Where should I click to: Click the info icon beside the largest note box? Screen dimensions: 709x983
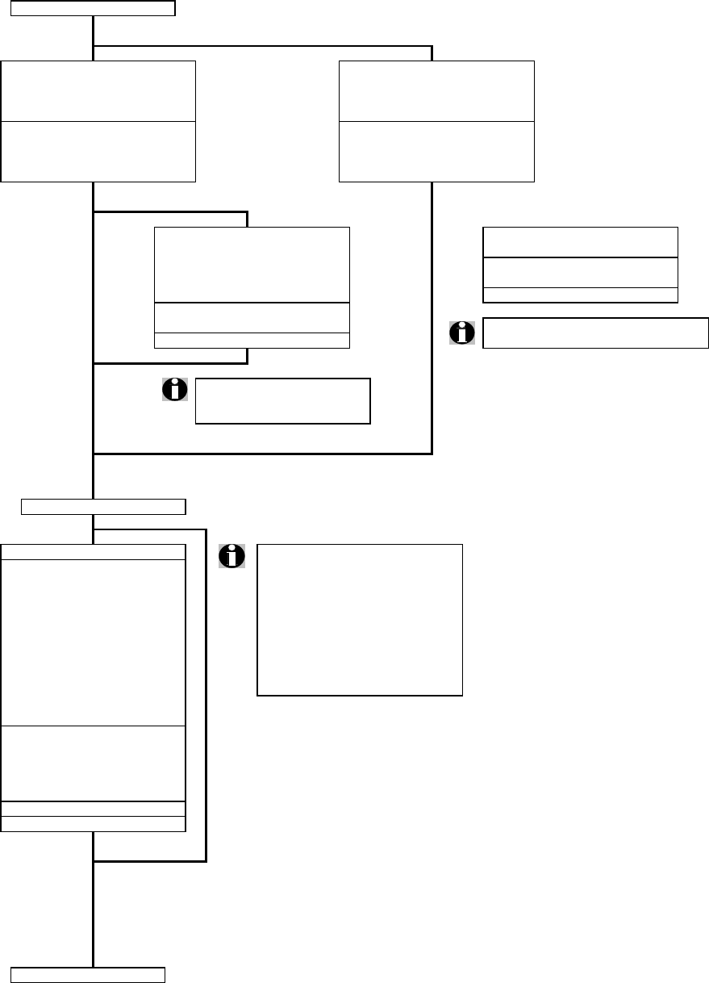[x=232, y=556]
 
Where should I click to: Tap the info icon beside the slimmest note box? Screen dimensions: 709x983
[x=462, y=333]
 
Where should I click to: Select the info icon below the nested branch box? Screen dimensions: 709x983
[x=174, y=389]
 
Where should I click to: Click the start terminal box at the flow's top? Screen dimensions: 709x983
[x=94, y=9]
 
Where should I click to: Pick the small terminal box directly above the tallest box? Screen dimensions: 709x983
[x=103, y=507]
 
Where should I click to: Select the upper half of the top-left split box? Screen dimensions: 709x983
[x=98, y=90]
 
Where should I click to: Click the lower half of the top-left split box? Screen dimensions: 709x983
[x=98, y=152]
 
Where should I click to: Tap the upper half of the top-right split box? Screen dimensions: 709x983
[x=436, y=90]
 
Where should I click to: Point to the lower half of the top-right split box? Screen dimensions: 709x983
[x=436, y=152]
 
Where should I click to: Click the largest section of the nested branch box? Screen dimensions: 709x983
[x=252, y=265]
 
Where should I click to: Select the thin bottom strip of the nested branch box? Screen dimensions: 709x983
[x=252, y=340]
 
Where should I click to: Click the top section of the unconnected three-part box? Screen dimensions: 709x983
[x=580, y=242]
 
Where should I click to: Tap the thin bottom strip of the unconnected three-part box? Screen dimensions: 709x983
[x=580, y=295]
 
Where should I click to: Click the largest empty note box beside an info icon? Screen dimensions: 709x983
[x=360, y=620]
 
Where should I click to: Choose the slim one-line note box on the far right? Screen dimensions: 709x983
[x=595, y=333]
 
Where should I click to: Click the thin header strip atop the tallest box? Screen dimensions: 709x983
[x=94, y=551]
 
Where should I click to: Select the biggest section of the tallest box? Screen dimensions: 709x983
[x=94, y=642]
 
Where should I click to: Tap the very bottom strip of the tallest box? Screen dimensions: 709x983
[x=94, y=823]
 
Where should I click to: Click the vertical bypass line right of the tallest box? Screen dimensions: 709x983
[x=206, y=694]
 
